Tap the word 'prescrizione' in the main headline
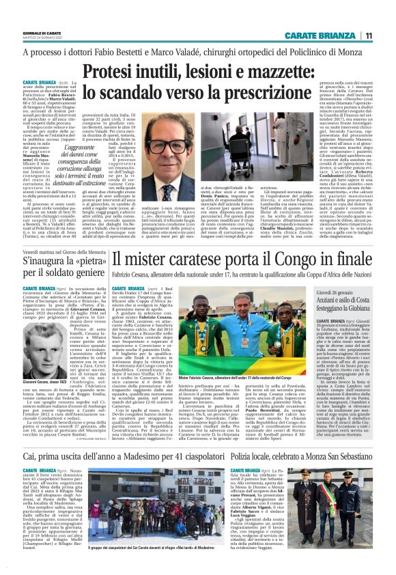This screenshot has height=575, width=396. pos(301,93)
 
